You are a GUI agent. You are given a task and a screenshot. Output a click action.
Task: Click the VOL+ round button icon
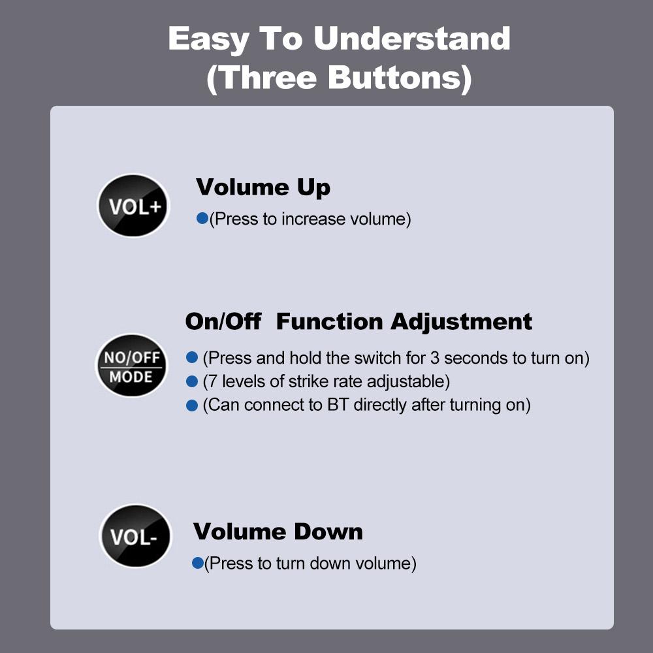tap(133, 206)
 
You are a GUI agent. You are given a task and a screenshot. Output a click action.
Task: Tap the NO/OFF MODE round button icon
tap(131, 365)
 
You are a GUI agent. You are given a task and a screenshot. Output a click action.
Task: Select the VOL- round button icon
tap(135, 536)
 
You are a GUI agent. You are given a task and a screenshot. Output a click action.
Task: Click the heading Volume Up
tap(263, 188)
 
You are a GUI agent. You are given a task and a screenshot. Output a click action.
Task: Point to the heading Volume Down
tap(278, 532)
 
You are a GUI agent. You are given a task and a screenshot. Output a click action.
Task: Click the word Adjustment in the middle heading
tap(461, 323)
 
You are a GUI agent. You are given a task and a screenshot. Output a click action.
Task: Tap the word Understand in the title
tap(412, 39)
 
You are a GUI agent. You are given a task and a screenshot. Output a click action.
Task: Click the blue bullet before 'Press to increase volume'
tap(202, 218)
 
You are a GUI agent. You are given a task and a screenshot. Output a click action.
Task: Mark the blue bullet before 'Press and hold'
tap(191, 357)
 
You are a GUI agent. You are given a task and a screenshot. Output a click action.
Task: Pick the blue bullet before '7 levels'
tap(191, 381)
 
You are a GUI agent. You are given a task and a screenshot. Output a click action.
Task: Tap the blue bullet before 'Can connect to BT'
tap(191, 406)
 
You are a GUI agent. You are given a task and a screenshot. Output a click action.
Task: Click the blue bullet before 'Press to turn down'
tap(197, 563)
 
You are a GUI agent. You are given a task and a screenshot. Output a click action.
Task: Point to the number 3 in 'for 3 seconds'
tap(435, 358)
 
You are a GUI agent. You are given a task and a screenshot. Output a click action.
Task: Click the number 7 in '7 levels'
tap(212, 381)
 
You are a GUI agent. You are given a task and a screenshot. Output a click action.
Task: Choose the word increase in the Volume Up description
tap(313, 219)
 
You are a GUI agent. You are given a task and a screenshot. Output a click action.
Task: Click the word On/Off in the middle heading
tap(223, 321)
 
